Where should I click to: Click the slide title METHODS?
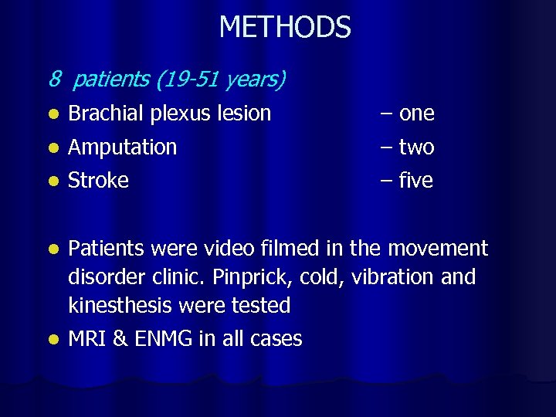[285, 28]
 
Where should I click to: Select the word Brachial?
[106, 114]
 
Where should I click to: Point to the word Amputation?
[122, 147]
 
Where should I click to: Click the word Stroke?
[98, 181]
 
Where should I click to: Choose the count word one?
[417, 114]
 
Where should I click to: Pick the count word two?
[417, 147]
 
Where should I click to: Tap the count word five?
[417, 181]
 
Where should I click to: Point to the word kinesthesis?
[122, 306]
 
